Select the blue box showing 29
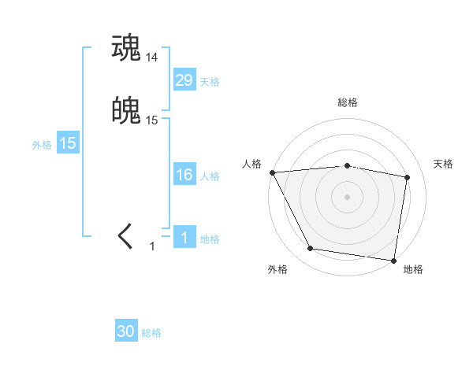tap(184, 80)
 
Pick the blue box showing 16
tap(184, 175)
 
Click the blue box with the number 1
tap(184, 238)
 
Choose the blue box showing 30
tap(126, 331)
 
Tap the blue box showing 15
tap(68, 143)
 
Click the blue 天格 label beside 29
tap(210, 82)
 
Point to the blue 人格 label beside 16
tap(210, 176)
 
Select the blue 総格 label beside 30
tap(151, 333)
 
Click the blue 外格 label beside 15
tap(42, 145)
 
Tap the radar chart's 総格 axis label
tap(347, 102)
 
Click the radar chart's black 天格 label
tap(443, 164)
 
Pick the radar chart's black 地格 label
tap(413, 269)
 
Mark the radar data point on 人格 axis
tap(272, 172)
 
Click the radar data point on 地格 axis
tap(393, 260)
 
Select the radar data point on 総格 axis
tap(347, 165)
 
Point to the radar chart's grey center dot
tap(347, 196)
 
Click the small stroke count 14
tap(152, 57)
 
